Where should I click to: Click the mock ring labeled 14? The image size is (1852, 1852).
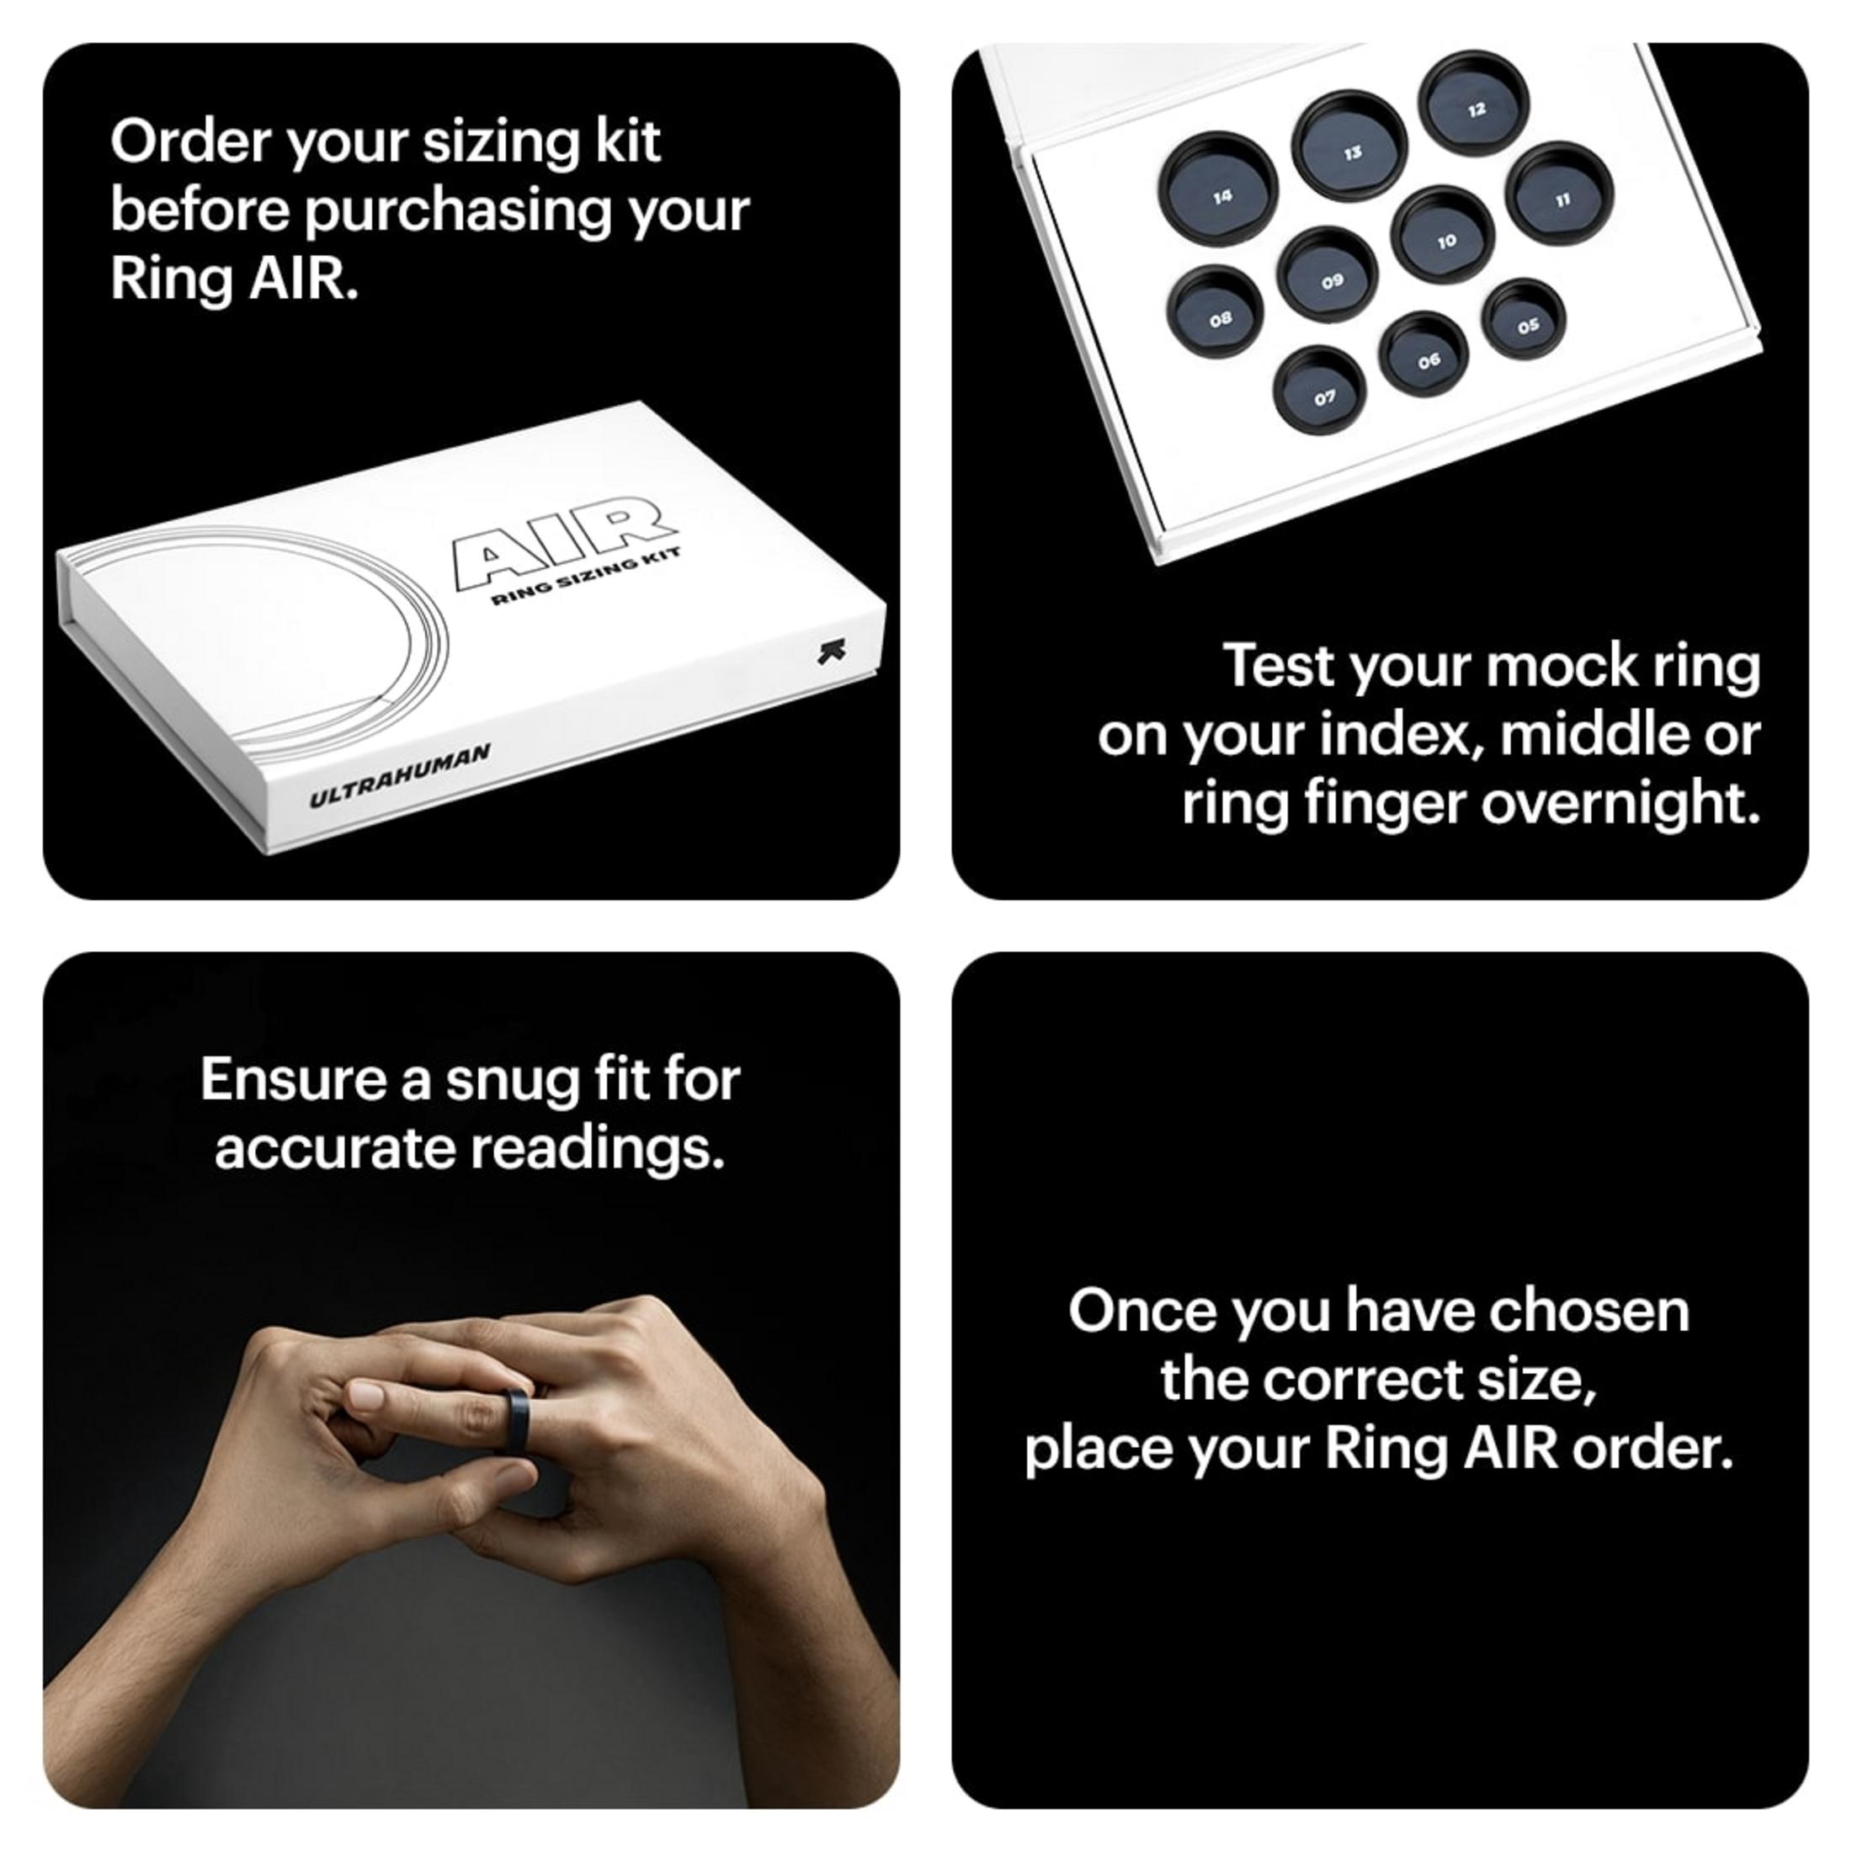(x=1218, y=189)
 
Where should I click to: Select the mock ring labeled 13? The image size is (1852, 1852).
(x=1349, y=146)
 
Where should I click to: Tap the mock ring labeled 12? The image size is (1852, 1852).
(x=1473, y=102)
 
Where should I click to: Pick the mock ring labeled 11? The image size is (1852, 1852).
(x=1560, y=194)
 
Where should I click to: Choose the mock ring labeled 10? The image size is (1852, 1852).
(x=1443, y=236)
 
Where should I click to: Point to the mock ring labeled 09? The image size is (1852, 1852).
(x=1328, y=276)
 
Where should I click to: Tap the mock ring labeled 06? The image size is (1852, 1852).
(x=1424, y=355)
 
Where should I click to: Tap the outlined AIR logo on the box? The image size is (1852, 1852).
(x=564, y=541)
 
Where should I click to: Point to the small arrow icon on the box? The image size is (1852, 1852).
(x=832, y=652)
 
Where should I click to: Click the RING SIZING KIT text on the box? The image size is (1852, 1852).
(x=586, y=577)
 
